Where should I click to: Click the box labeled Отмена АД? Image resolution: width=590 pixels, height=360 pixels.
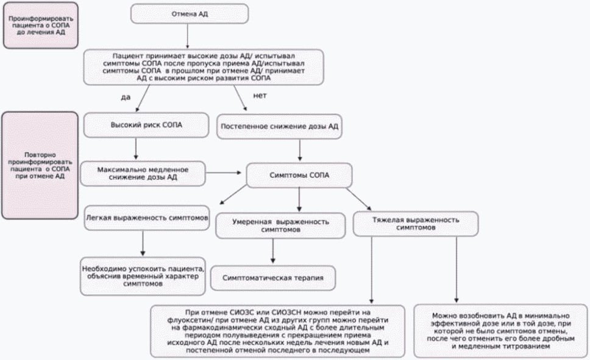click(190, 14)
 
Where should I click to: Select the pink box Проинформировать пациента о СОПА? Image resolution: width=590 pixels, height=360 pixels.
click(41, 26)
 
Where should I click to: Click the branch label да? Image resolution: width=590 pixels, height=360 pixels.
click(126, 97)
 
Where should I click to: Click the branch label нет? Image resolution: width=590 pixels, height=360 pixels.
click(260, 96)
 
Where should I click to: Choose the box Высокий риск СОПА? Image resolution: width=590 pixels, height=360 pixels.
click(146, 125)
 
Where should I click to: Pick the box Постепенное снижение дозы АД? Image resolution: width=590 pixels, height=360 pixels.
click(279, 126)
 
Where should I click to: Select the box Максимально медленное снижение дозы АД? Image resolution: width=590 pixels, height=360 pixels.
click(143, 174)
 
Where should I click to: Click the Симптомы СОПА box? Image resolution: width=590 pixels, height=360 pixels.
click(299, 175)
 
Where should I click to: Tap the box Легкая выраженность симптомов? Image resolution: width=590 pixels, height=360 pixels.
click(147, 218)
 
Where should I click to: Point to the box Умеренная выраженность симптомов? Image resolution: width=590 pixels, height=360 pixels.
click(280, 225)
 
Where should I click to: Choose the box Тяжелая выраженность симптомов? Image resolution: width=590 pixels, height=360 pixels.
click(416, 224)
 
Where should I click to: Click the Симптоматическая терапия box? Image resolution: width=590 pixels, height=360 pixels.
click(273, 278)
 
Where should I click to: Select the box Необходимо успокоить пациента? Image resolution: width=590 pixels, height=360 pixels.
click(143, 276)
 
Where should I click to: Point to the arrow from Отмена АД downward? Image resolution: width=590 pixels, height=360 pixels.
click(187, 36)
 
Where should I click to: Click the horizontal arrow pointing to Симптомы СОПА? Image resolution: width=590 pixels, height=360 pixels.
click(224, 173)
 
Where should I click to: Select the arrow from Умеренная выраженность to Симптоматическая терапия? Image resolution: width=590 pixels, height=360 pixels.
click(273, 251)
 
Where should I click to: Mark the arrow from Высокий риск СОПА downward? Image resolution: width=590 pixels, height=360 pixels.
click(136, 149)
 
